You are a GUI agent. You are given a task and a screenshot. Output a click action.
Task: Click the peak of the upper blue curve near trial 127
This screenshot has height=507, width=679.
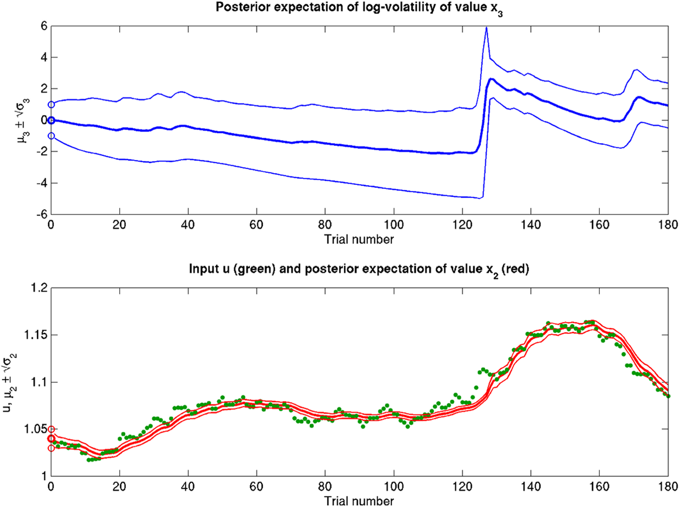[x=486, y=27]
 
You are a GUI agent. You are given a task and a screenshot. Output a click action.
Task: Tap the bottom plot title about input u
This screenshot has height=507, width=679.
[x=359, y=269]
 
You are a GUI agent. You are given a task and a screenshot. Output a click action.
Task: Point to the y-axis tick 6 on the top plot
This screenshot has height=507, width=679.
[x=44, y=26]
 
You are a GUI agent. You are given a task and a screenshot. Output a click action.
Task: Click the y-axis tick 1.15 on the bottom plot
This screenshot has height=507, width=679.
[x=35, y=335]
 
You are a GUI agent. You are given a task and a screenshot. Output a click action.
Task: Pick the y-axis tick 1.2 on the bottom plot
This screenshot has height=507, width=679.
[x=38, y=288]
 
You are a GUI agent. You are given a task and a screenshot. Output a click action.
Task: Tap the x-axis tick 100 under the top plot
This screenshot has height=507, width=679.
[x=394, y=225]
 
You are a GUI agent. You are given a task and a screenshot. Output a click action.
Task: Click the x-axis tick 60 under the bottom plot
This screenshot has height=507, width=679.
[x=257, y=487]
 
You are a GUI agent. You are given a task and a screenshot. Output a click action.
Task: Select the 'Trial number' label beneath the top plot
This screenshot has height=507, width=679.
[x=359, y=239]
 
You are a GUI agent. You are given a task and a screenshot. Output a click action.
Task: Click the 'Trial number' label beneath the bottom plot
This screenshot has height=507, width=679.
[x=359, y=501]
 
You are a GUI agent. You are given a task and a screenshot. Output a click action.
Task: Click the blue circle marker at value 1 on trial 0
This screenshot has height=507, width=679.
[x=51, y=105]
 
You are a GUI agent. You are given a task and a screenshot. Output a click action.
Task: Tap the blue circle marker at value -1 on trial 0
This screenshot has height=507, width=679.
[x=51, y=136]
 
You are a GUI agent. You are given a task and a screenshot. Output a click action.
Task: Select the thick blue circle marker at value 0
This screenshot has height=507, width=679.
[x=51, y=120]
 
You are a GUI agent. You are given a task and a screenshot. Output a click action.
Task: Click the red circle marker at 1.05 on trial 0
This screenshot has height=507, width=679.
[x=51, y=429]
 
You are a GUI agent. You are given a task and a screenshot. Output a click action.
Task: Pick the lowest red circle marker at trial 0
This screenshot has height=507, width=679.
[x=51, y=448]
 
